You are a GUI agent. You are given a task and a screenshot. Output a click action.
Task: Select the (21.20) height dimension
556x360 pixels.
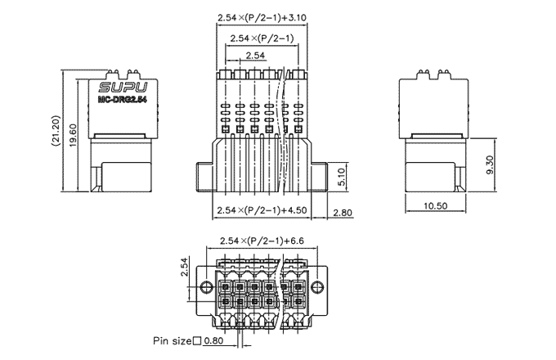(x=55, y=131)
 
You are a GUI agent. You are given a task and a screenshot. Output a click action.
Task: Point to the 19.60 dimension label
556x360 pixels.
(x=73, y=131)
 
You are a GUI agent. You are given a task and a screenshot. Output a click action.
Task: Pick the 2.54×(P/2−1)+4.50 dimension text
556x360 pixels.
(x=261, y=210)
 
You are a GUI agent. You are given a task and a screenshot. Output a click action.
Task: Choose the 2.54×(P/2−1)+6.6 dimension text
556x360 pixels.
(x=262, y=241)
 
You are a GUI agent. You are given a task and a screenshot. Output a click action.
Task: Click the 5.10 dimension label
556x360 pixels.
(x=343, y=173)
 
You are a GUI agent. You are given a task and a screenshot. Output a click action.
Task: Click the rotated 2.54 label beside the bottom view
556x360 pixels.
(x=185, y=268)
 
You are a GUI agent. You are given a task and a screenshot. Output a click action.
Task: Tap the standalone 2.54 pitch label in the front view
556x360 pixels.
(x=255, y=56)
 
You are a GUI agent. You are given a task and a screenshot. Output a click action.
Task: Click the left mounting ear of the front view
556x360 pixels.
(x=205, y=174)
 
